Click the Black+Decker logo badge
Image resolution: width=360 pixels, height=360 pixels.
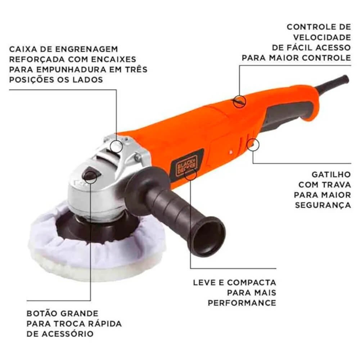(187, 163)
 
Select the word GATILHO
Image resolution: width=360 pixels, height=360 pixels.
(331, 175)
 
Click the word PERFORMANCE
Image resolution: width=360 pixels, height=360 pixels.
(242, 303)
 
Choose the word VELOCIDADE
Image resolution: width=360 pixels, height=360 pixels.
(322, 37)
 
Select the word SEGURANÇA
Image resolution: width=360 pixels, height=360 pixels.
(323, 205)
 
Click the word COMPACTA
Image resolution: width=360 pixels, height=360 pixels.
(252, 282)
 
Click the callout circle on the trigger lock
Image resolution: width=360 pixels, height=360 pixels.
(253, 145)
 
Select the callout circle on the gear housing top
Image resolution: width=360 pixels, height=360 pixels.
(116, 146)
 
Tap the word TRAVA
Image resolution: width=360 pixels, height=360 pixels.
(336, 185)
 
